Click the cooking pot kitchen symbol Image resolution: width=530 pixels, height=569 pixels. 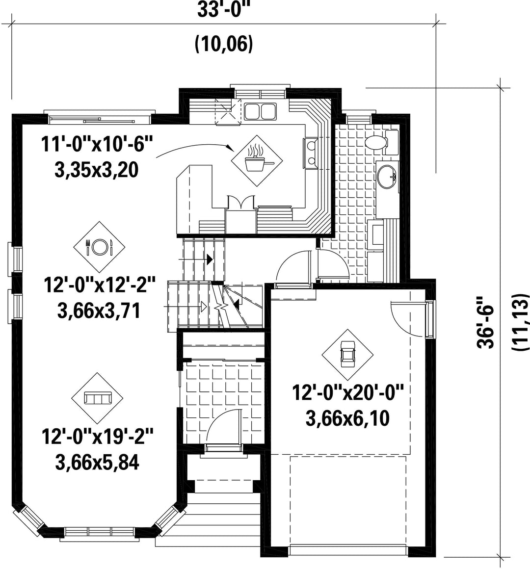tap(257, 161)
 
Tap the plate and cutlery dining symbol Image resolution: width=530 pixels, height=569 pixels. tap(99, 247)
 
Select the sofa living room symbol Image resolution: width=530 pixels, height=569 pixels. tap(97, 398)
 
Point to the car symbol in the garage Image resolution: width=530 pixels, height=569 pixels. tap(348, 355)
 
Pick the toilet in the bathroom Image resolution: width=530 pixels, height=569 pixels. tap(381, 142)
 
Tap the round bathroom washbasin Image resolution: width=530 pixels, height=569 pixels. tap(387, 177)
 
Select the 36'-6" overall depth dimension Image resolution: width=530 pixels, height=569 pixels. tap(486, 322)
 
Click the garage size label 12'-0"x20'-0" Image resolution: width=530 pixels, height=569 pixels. tap(348, 392)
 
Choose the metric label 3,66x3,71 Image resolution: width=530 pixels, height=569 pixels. tap(99, 311)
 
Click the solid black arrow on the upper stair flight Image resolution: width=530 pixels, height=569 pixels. tap(210, 259)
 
